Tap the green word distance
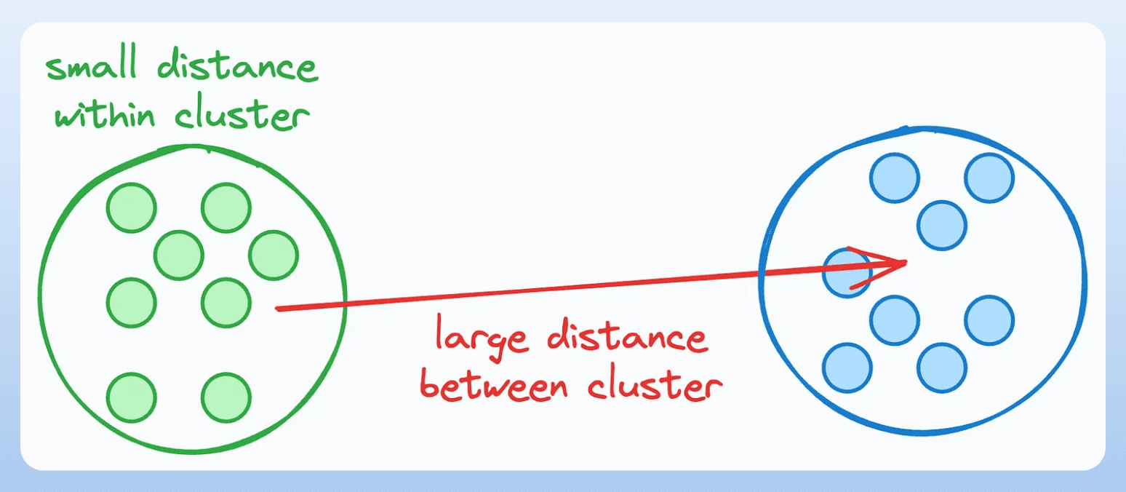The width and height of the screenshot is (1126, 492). click(x=237, y=68)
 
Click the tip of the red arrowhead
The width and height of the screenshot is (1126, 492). click(x=906, y=262)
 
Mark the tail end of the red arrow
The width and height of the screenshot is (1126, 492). click(x=277, y=309)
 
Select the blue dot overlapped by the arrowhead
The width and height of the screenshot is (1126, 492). click(x=845, y=272)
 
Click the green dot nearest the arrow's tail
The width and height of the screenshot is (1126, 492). click(x=226, y=302)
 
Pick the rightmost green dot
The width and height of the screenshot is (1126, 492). click(x=273, y=255)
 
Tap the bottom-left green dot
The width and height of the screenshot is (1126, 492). click(x=131, y=397)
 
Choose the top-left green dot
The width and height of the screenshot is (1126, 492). click(x=131, y=207)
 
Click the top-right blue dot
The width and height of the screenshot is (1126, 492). click(x=989, y=178)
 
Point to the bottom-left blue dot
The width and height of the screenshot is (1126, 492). click(x=847, y=368)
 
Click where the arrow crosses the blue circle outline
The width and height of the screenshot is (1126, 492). click(x=760, y=274)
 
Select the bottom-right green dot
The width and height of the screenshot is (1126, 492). click(x=226, y=397)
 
